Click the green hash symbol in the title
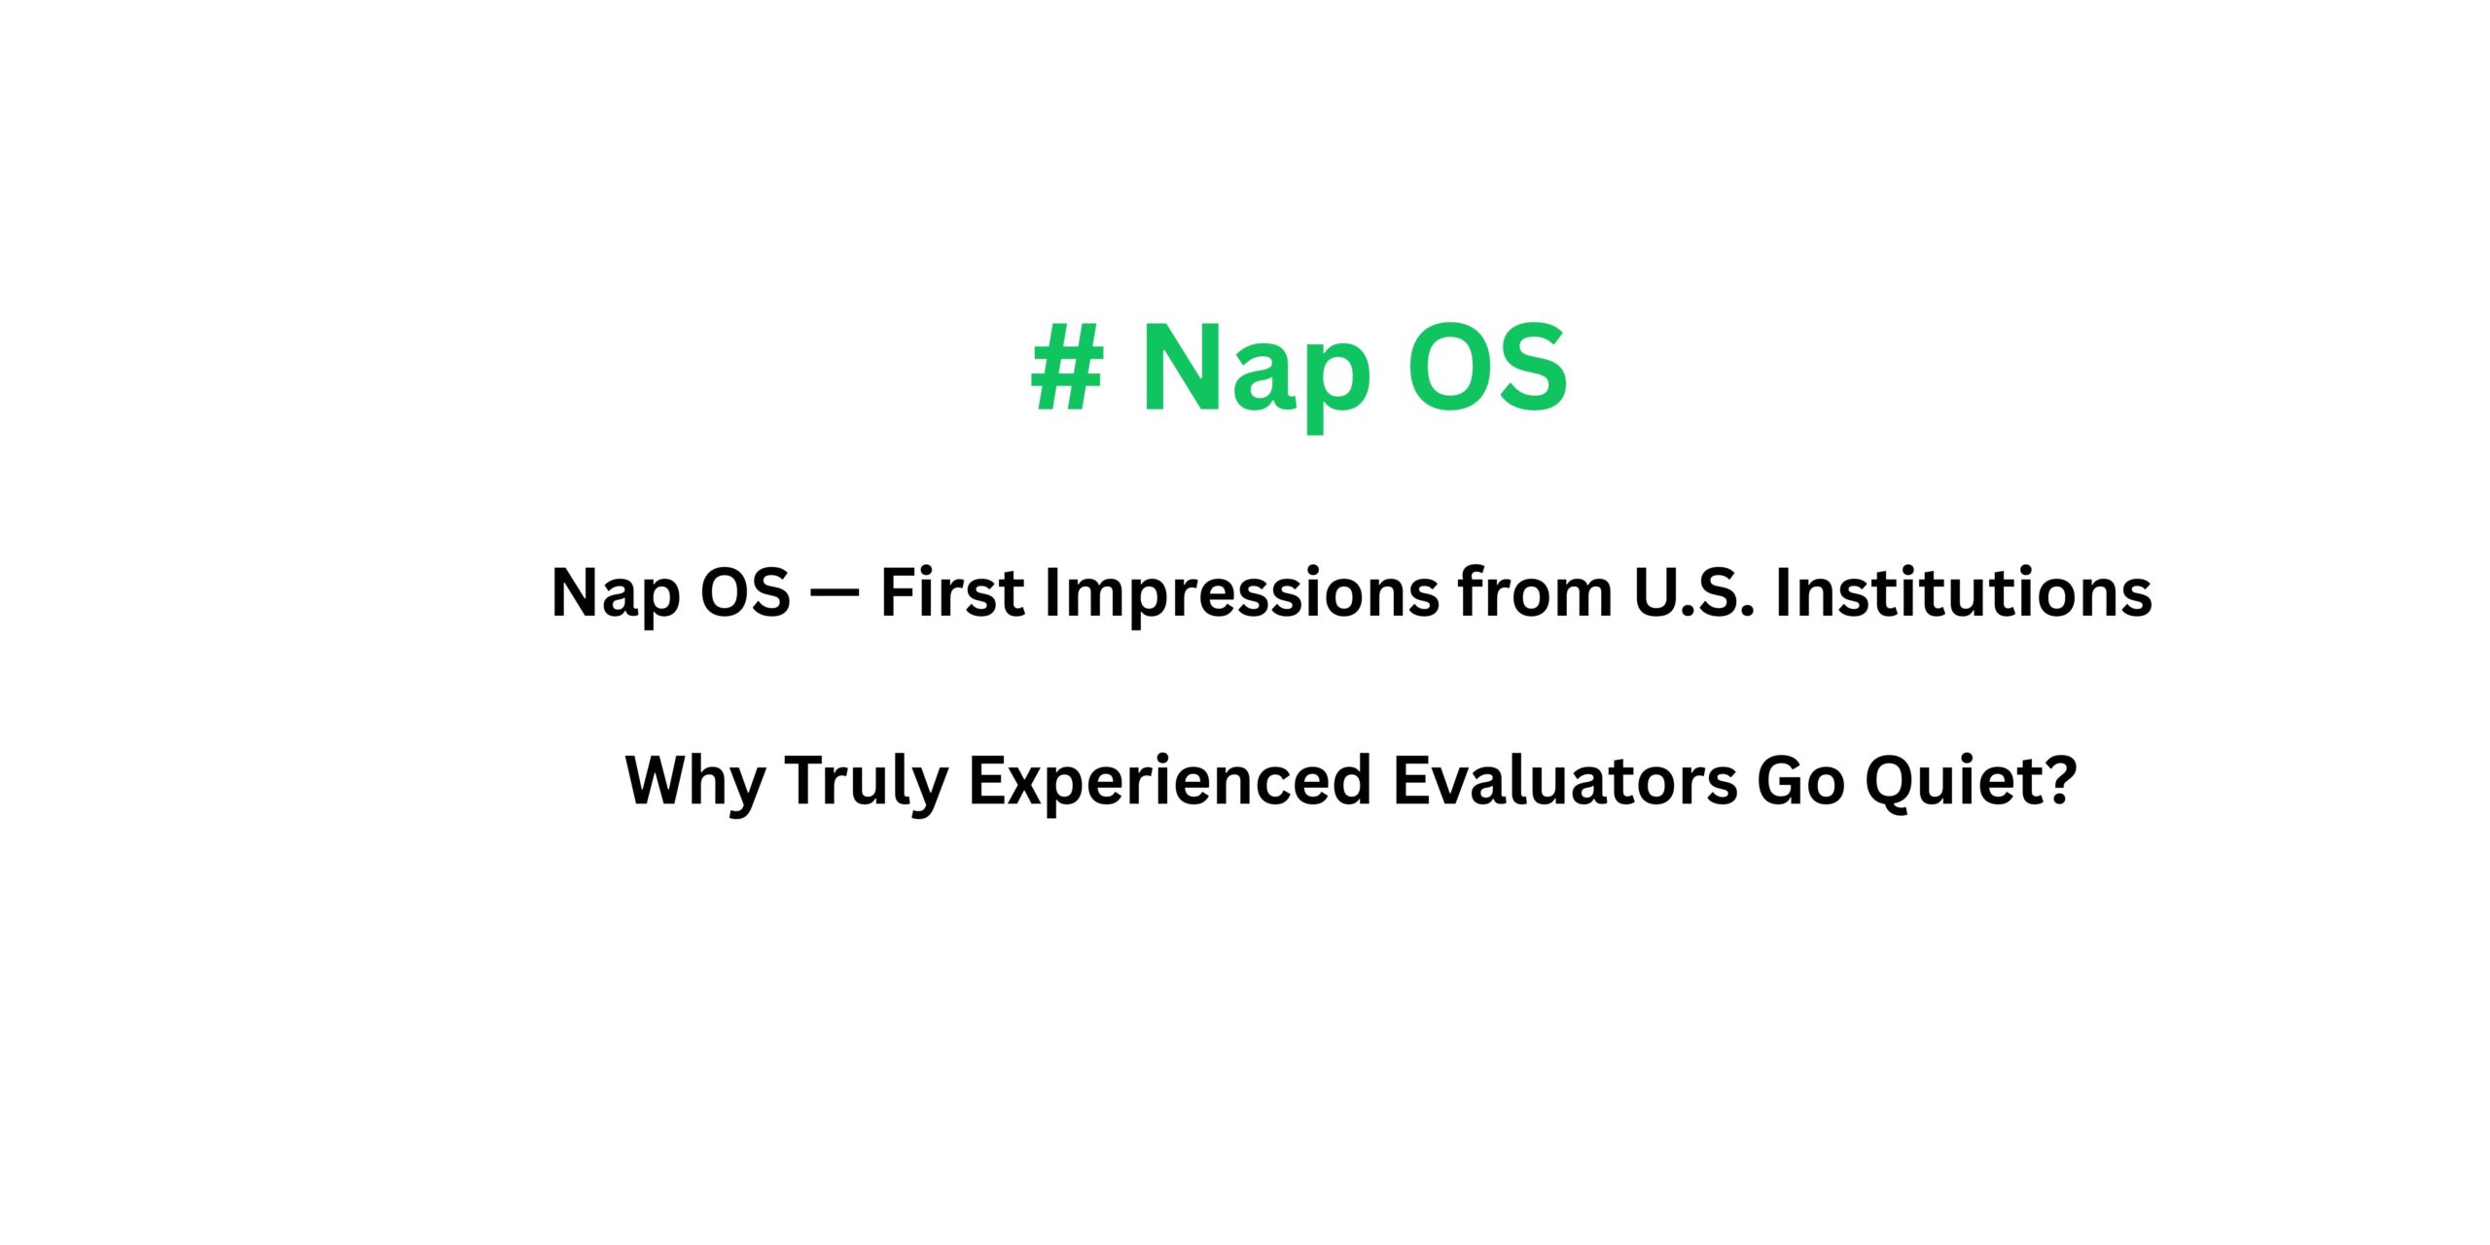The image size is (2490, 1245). [1068, 368]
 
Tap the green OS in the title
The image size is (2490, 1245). [1488, 368]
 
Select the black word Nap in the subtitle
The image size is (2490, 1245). [615, 593]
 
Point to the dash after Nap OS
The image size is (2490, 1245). [835, 593]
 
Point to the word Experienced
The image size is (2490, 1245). [1170, 781]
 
